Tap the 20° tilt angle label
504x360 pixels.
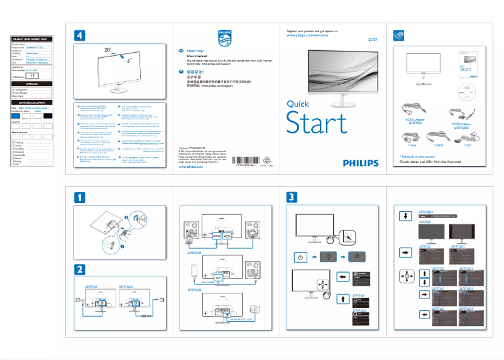[109, 48]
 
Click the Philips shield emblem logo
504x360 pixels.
[225, 38]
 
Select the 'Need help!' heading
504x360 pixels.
[196, 51]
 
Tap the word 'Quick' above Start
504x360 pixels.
[297, 104]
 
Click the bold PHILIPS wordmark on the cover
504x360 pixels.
[361, 162]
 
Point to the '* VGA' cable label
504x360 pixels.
[409, 145]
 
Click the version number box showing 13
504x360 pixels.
[36, 75]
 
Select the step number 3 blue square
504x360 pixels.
[291, 197]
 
